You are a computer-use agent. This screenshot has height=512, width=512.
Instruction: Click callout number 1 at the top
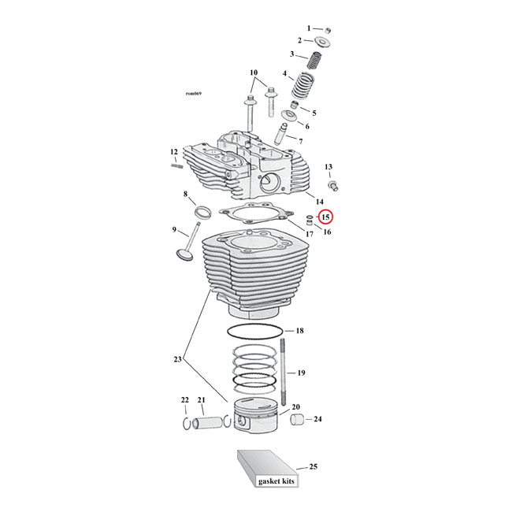[309, 28]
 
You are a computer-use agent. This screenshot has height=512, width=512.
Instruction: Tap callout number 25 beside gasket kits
[313, 468]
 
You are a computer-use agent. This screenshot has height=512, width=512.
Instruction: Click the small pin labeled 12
[177, 165]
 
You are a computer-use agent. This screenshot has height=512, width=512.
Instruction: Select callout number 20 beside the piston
[296, 407]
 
